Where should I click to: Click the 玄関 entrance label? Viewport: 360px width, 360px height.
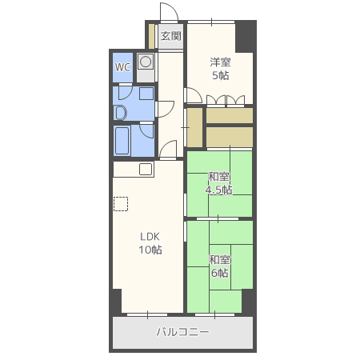pos(170,36)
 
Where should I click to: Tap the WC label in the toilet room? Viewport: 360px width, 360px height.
pos(122,67)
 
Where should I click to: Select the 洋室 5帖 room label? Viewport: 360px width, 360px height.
pos(220,69)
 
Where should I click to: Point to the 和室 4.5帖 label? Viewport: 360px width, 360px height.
pos(218,183)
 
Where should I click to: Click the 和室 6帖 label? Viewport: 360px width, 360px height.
pos(219,266)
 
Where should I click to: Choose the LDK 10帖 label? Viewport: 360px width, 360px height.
pos(150,243)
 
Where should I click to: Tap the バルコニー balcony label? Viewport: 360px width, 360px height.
pos(183,332)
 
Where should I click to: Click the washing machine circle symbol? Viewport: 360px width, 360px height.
pos(146,62)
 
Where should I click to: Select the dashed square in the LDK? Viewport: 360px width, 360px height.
pos(121,204)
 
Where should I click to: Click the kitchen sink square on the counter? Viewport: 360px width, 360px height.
pos(146,169)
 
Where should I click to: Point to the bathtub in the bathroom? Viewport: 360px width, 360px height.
pos(122,140)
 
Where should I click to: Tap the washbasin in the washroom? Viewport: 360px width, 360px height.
pos(120,113)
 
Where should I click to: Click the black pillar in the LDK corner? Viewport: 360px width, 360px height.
pos(117,302)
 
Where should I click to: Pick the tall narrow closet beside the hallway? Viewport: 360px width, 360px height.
pos(195,127)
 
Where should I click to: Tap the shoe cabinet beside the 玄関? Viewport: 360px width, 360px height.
pos(151,36)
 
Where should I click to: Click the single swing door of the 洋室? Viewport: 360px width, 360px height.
pos(194,95)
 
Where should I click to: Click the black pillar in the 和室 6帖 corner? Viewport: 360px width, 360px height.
pos(248,302)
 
